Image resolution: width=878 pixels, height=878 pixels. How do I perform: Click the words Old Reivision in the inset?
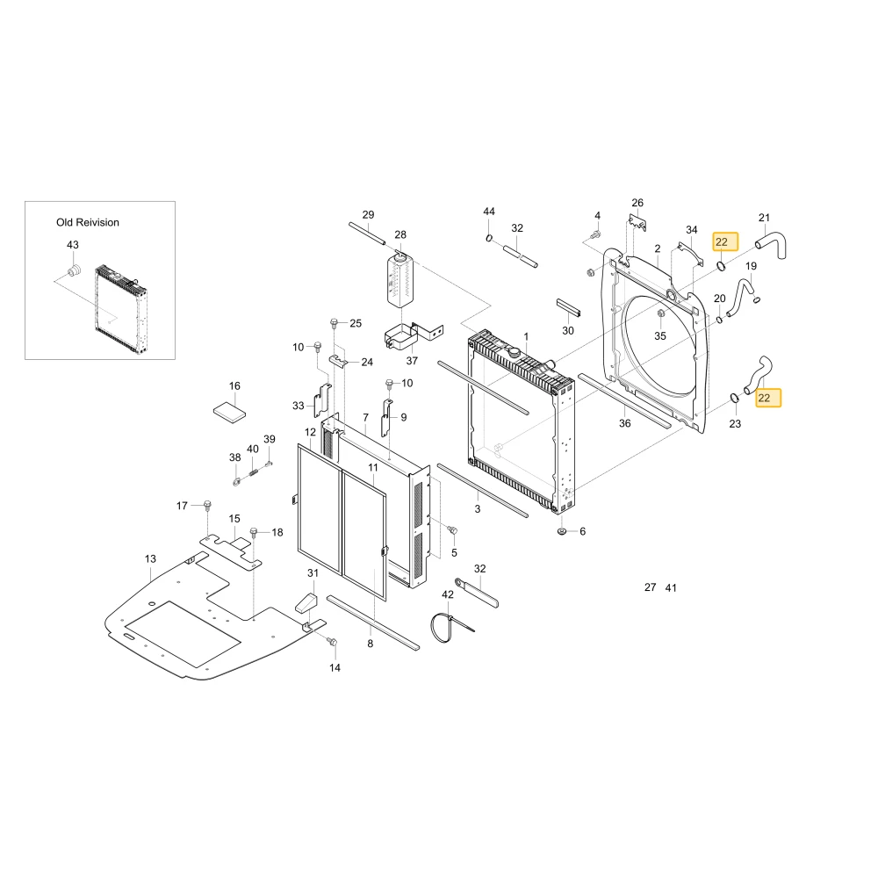(87, 222)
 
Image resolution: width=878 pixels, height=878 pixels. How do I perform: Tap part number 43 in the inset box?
(73, 245)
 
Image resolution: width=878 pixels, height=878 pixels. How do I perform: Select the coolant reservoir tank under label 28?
(399, 279)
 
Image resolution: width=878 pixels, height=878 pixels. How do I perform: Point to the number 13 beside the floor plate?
(150, 558)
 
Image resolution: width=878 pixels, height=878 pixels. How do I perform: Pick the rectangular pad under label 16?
(229, 413)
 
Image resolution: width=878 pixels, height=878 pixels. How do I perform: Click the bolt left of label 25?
(334, 323)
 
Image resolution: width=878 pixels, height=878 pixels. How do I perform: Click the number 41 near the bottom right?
(671, 588)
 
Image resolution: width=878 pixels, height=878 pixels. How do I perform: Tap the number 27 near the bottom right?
(650, 587)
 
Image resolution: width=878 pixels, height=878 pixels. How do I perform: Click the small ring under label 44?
(489, 238)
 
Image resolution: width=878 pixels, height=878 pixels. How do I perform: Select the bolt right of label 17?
(207, 506)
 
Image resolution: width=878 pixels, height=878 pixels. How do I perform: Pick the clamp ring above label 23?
(733, 398)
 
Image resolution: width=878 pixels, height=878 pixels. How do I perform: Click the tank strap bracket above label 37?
(413, 335)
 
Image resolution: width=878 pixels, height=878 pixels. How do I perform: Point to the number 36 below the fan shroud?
(625, 423)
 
